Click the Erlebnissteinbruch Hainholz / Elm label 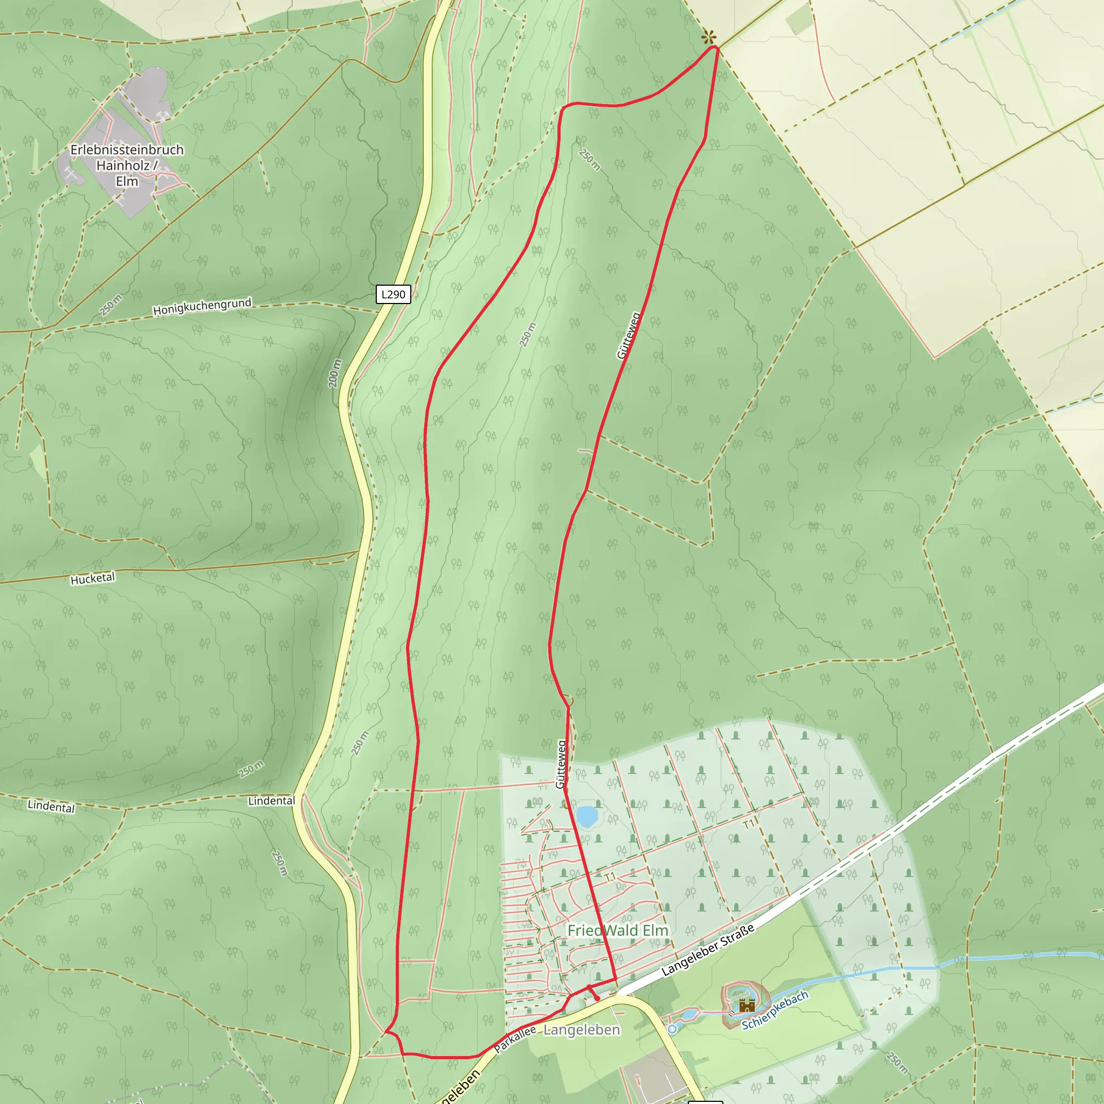[127, 165]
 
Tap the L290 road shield [393, 294]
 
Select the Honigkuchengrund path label [202, 306]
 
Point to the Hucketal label [93, 578]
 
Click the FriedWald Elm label [618, 930]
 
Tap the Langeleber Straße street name [707, 950]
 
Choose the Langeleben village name [581, 1030]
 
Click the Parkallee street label [515, 1039]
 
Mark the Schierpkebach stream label [775, 1010]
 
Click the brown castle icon [746, 1005]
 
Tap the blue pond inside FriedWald [587, 817]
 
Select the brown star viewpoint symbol [708, 38]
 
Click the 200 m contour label [335, 373]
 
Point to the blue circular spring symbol [672, 1029]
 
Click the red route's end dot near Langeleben [597, 998]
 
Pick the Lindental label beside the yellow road [272, 801]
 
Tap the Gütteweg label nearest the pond [561, 764]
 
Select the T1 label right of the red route [749, 824]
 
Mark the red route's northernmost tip [714, 47]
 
